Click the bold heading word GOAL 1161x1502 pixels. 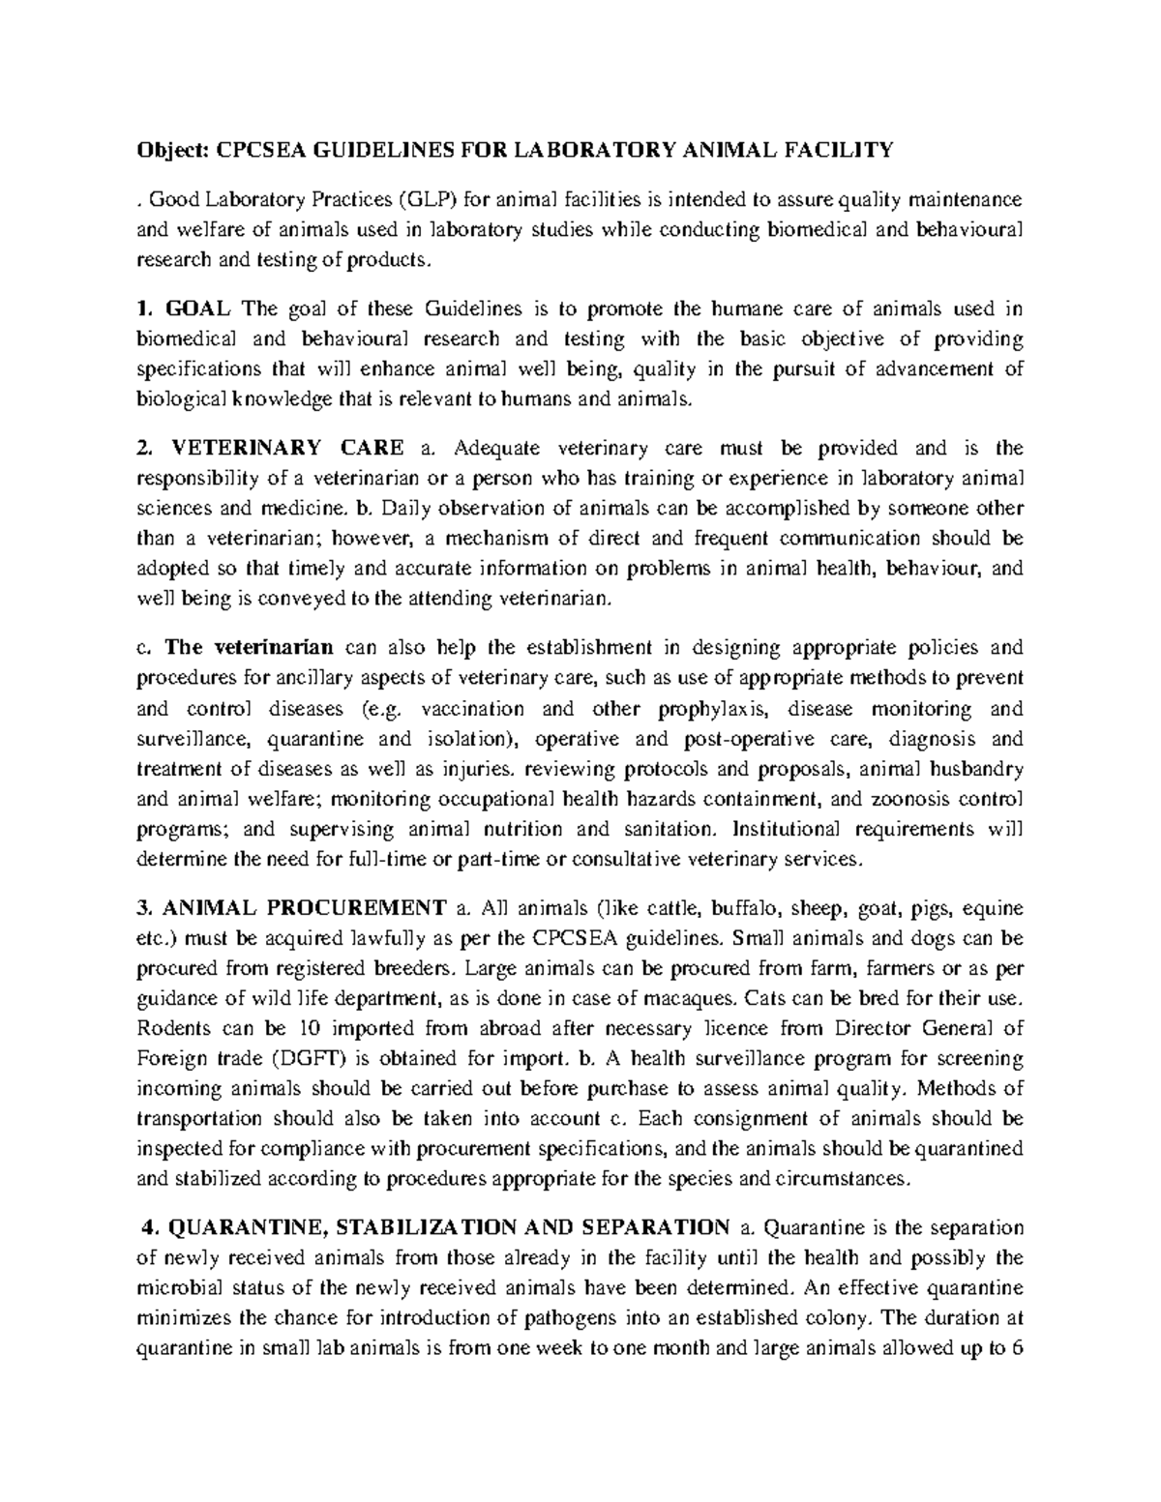coord(198,309)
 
